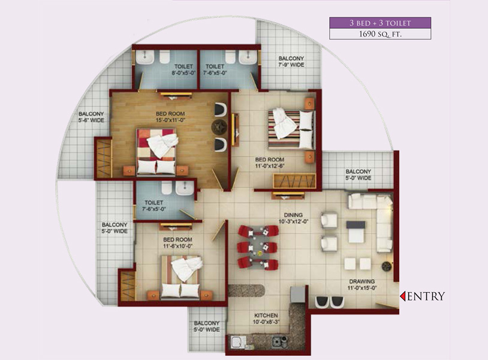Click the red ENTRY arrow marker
pos(402,296)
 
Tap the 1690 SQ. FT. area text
pos(380,34)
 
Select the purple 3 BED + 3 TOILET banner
pos(380,23)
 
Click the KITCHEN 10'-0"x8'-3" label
pos(266,319)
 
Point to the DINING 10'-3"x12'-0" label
pos(293,218)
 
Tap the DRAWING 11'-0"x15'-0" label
pos(362,284)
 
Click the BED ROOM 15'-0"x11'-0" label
pos(170,117)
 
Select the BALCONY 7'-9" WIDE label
pos(291,61)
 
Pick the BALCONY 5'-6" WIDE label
pos(91,117)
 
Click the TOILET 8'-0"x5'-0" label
pos(183,70)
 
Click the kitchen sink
pos(239,342)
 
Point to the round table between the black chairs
pos(220,127)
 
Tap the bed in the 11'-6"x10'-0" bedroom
pos(180,277)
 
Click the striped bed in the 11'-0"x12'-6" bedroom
pos(291,129)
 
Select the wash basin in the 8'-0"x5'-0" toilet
pos(144,58)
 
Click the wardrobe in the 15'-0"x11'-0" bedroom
pos(104,158)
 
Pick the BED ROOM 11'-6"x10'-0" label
pos(177,242)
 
